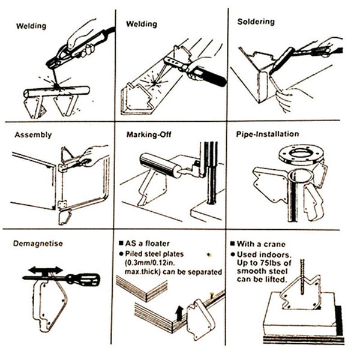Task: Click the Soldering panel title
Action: pos(256,22)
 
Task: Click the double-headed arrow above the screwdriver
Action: pos(45,269)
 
